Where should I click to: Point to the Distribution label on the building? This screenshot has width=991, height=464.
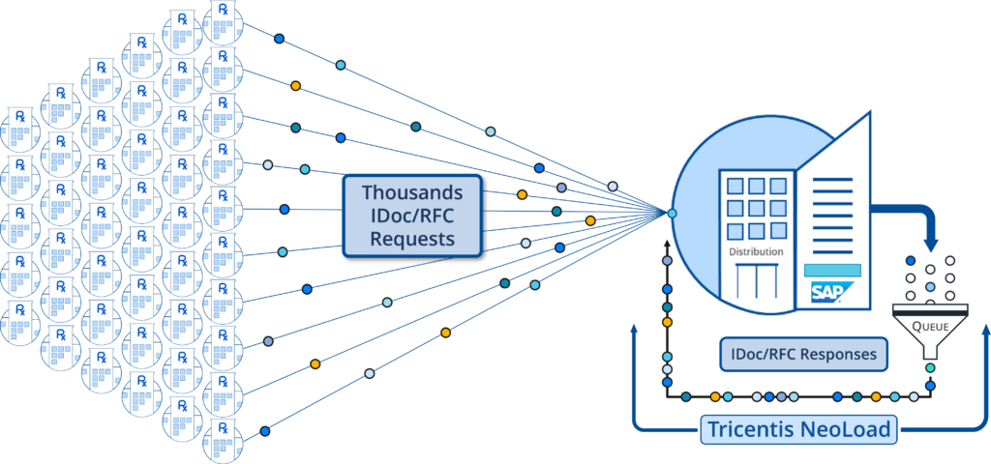coord(756,251)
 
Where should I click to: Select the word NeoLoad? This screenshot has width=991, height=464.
coord(851,429)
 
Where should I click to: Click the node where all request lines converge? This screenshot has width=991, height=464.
coord(672,213)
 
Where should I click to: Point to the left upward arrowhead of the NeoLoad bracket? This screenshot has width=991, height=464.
coord(633,331)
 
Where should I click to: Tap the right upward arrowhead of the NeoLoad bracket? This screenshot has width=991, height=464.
coord(984,331)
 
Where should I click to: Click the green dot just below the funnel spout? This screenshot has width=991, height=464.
coord(930,367)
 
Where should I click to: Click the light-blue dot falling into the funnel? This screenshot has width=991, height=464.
coord(930,287)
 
